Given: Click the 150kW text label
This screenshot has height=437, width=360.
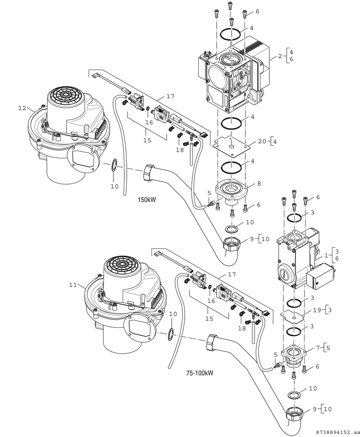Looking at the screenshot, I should point(147,200).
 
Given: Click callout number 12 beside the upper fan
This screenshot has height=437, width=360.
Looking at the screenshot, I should point(22,108).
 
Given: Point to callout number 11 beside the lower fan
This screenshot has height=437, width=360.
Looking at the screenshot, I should point(73,285).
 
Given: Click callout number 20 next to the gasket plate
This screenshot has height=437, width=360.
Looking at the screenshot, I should point(262,142).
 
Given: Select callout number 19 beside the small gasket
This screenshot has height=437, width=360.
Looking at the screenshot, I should point(317,311).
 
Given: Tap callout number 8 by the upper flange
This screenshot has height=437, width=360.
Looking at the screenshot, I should point(259,183).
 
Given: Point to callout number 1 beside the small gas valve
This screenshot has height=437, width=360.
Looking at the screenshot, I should point(326,256).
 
